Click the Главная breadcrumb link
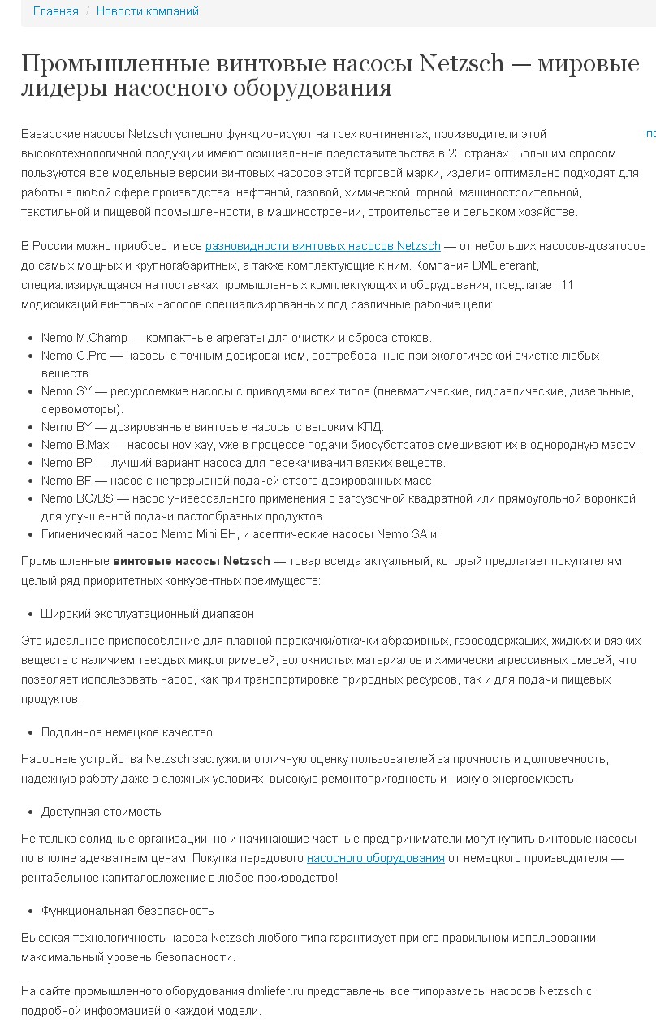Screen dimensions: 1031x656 55,11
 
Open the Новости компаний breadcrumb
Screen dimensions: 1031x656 147,11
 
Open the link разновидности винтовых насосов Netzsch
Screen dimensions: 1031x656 322,246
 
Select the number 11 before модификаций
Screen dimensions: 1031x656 567,285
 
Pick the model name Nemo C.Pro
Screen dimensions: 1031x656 71,356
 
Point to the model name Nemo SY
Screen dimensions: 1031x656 67,391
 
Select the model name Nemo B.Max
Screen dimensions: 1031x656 72,445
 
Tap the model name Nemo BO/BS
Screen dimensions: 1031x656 78,498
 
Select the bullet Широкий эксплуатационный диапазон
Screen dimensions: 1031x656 148,614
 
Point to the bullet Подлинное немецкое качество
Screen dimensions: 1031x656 127,732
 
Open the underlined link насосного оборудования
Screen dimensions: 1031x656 375,858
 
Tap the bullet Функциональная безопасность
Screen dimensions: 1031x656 127,911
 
